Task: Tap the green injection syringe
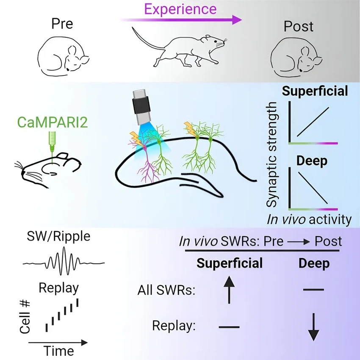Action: pyautogui.click(x=52, y=141)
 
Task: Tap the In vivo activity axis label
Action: pyautogui.click(x=309, y=219)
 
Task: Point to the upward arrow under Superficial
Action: pyautogui.click(x=229, y=288)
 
